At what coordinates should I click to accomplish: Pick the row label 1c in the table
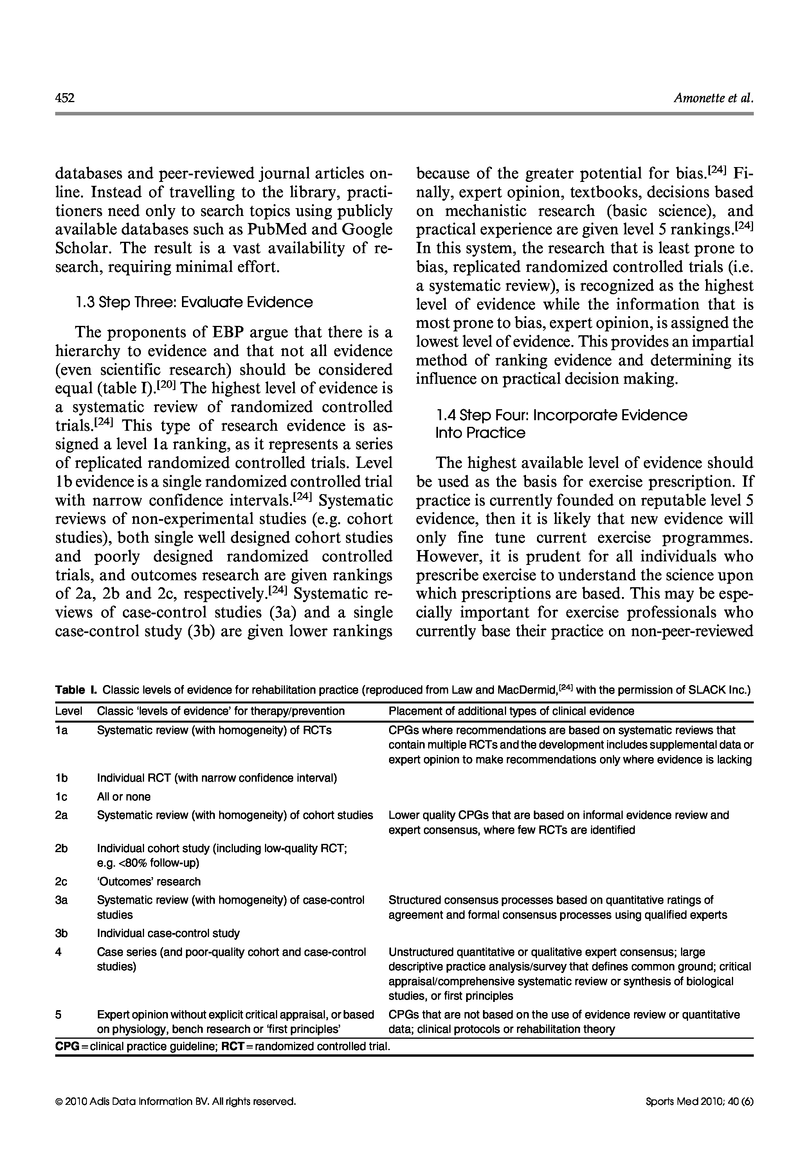[x=61, y=797]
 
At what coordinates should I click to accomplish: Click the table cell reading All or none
[x=124, y=797]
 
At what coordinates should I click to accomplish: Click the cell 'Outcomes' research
[x=149, y=881]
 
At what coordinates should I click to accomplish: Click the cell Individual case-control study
[x=168, y=933]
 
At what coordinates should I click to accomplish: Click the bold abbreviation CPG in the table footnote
[x=67, y=1046]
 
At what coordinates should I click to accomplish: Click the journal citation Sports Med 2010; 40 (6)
[x=699, y=1101]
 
